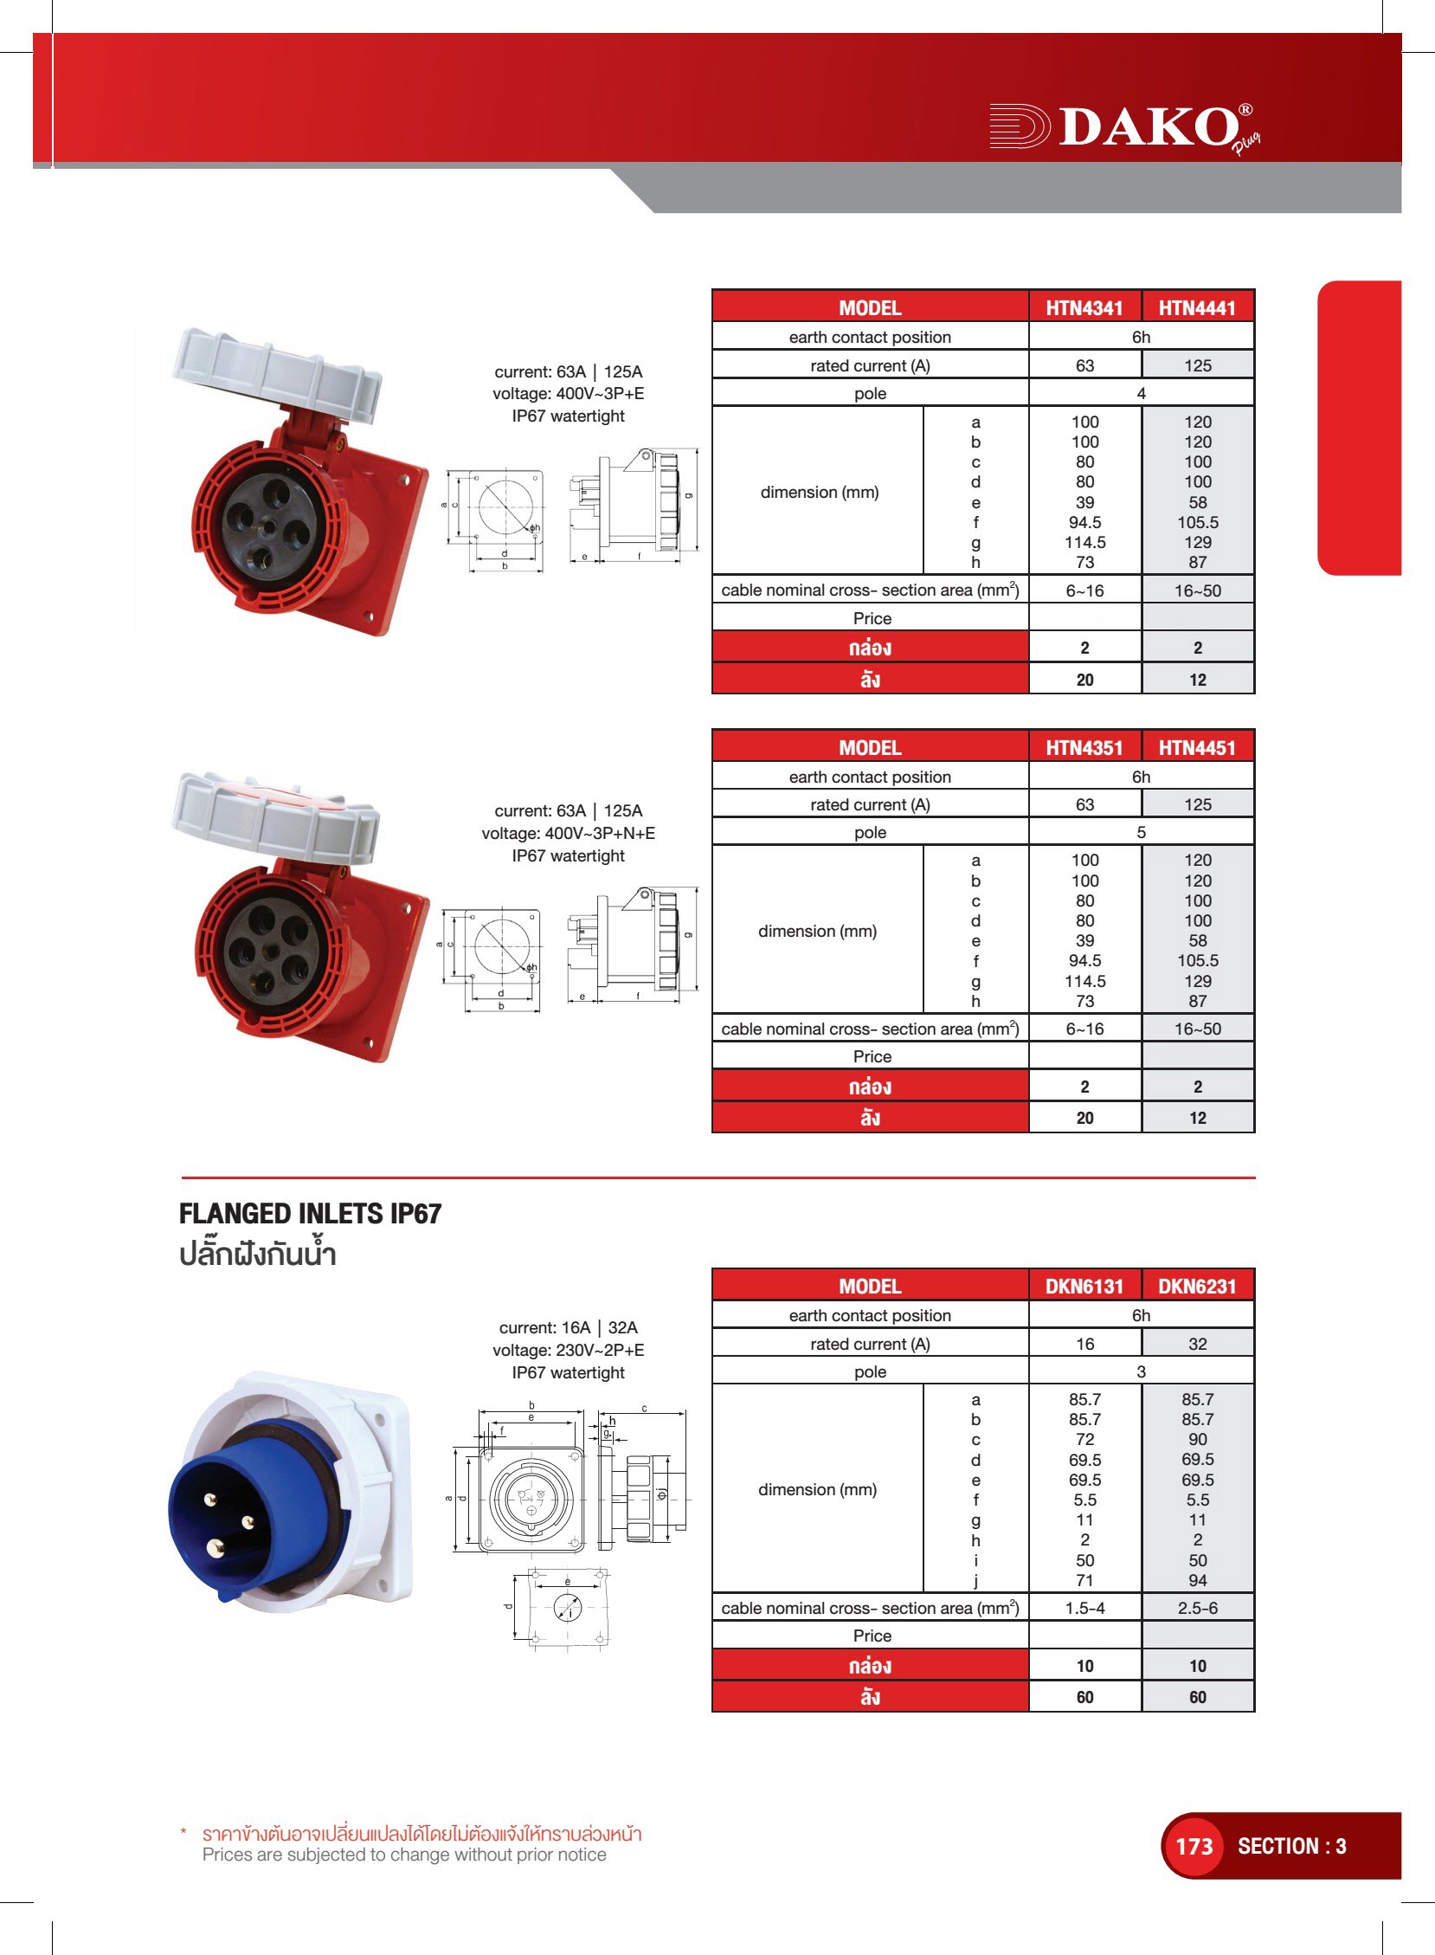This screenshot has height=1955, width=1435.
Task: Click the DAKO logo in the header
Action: point(1125,128)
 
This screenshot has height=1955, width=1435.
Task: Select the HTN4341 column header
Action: point(1084,307)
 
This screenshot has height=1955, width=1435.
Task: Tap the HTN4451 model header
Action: point(1197,747)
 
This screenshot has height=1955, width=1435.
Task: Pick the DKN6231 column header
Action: point(1197,1286)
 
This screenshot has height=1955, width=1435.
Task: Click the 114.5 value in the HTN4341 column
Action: point(1085,542)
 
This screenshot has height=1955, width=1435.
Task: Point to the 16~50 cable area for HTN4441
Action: point(1198,590)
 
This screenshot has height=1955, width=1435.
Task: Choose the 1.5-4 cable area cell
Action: point(1085,1609)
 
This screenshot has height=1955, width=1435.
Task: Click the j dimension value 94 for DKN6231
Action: point(1198,1580)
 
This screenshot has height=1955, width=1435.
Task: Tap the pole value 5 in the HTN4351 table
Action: point(1142,832)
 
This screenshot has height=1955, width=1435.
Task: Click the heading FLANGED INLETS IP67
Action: point(310,1214)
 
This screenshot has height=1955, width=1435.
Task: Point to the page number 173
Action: point(1194,1846)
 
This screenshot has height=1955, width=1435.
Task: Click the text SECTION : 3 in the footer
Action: point(1291,1846)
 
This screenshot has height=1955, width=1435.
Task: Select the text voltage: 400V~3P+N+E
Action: point(569,833)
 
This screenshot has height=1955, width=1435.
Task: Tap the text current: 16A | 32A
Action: point(569,1327)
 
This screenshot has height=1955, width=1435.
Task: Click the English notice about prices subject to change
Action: point(405,1855)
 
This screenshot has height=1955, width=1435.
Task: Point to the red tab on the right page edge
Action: point(1360,428)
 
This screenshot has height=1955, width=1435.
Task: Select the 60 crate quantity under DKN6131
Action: point(1085,1697)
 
